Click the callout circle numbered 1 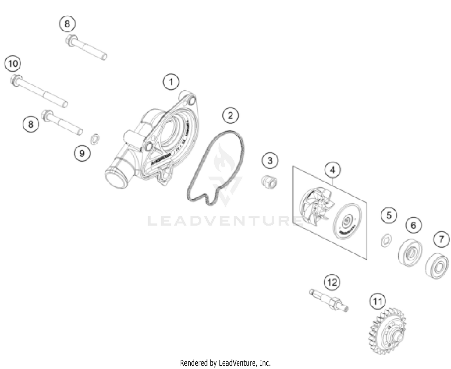coord(171,82)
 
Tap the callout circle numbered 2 coord(230,115)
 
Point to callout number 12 coord(332,282)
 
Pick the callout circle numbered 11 coord(377,301)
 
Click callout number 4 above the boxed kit coord(332,170)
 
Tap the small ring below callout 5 coord(385,240)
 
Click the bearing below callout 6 coord(410,252)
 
